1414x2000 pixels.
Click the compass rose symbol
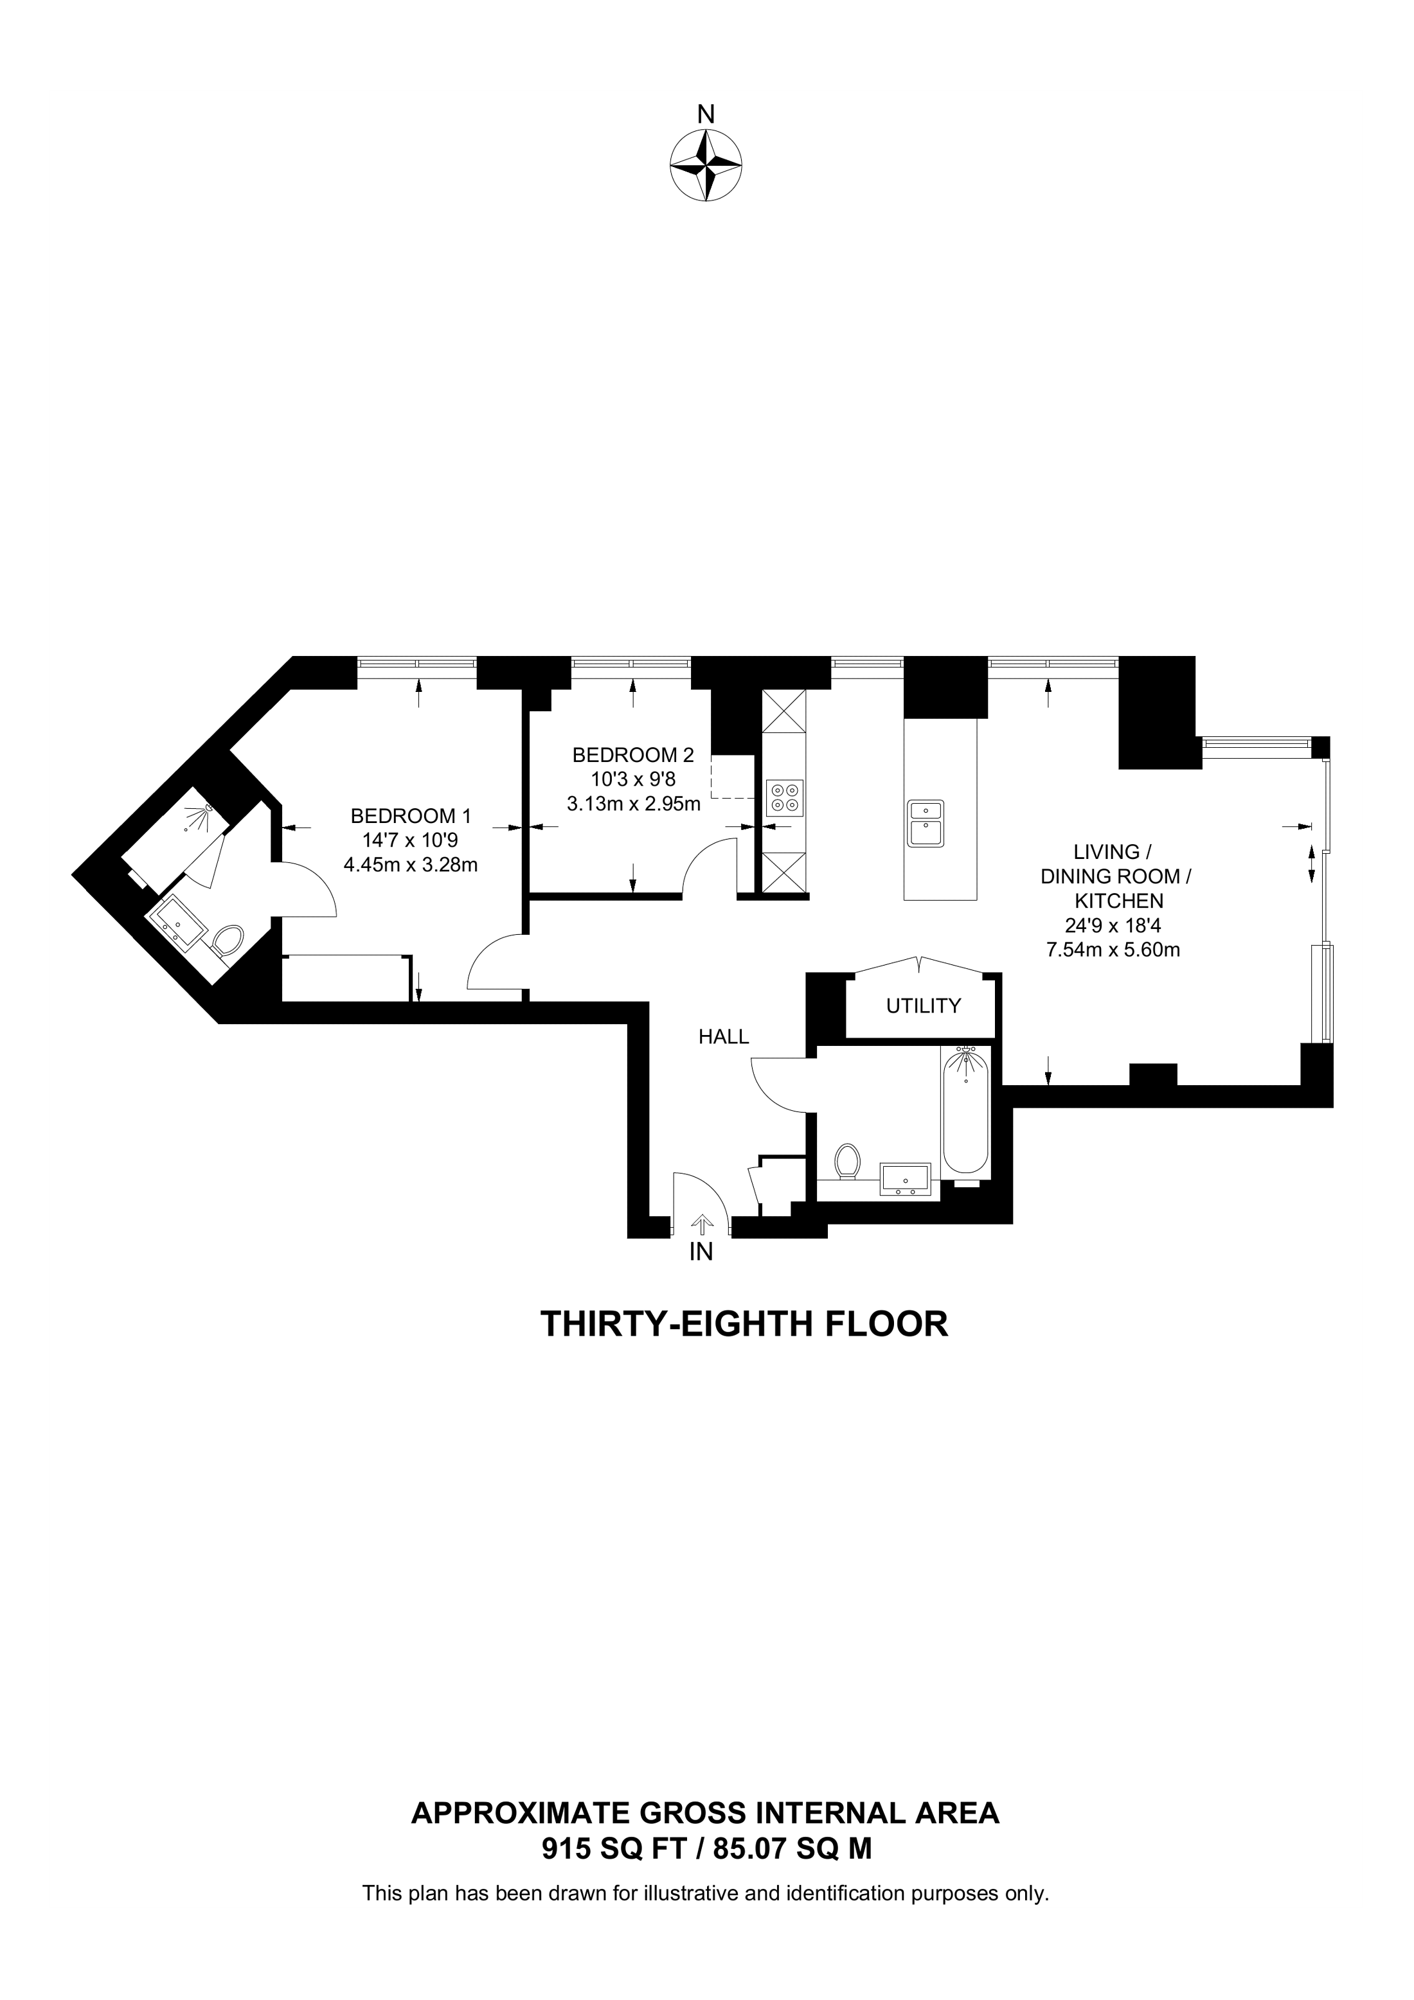tap(706, 166)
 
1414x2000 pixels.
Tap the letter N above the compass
tap(706, 114)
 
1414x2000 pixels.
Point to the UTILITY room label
tap(924, 1006)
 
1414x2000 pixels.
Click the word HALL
tap(724, 1036)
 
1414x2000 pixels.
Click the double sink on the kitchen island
tap(926, 823)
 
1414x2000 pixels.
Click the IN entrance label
tap(701, 1253)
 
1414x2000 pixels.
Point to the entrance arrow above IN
tap(701, 1224)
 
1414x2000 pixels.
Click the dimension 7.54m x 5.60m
tap(1113, 950)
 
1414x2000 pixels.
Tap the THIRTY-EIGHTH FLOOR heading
tap(744, 1324)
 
